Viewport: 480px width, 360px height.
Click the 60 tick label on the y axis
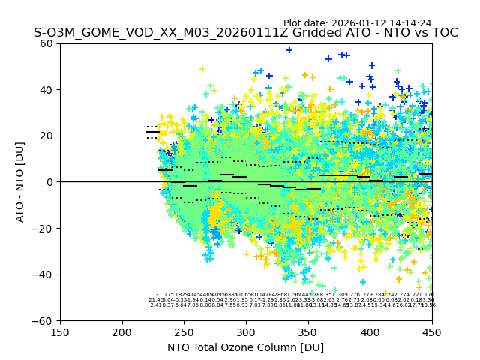[47, 43]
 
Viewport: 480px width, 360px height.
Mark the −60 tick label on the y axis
[43, 320]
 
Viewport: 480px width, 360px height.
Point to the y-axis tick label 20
[47, 136]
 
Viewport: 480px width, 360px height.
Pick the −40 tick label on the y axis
[43, 274]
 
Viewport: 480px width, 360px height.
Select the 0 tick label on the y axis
[50, 182]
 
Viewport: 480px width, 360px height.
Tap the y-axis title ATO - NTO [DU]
[21, 181]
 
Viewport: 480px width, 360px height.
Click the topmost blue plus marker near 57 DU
[289, 50]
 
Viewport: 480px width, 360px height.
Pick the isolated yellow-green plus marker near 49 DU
[202, 69]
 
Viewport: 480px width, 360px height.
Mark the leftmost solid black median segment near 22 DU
[152, 132]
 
